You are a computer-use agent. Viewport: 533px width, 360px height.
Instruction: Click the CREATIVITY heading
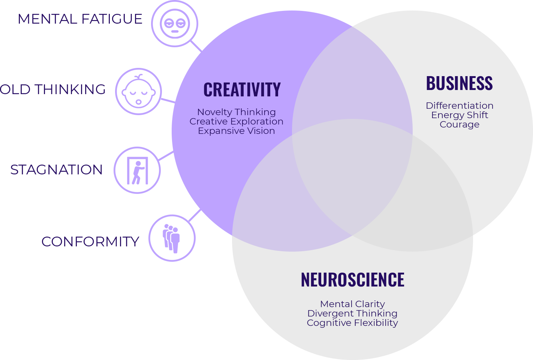[242, 90]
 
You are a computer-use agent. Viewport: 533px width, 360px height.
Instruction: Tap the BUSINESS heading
[459, 84]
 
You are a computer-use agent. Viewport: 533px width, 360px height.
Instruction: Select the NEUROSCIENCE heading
[352, 280]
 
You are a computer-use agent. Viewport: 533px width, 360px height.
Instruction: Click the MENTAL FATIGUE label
[80, 19]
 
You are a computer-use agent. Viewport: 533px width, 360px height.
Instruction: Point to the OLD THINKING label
[53, 90]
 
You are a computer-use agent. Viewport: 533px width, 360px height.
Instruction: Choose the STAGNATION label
[57, 170]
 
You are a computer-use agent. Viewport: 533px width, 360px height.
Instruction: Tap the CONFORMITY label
[90, 242]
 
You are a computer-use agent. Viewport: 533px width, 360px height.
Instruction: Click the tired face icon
[175, 24]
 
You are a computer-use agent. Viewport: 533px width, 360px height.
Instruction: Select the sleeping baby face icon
[138, 91]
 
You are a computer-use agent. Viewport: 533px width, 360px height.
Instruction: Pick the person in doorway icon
[137, 170]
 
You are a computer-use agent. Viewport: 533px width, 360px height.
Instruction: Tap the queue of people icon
[172, 238]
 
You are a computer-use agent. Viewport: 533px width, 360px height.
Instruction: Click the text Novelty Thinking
[237, 112]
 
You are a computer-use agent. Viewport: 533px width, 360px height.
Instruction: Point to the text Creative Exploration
[237, 121]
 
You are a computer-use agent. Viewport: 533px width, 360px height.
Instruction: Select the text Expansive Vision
[237, 131]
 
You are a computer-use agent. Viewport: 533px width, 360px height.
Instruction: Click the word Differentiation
[460, 106]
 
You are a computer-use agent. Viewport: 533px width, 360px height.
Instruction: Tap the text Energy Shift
[460, 115]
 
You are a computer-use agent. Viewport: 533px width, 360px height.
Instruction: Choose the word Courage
[460, 124]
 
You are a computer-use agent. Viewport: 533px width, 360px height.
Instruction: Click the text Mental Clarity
[352, 304]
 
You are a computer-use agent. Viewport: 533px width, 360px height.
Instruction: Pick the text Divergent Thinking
[352, 313]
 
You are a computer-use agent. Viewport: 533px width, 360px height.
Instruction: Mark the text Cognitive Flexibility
[352, 323]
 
